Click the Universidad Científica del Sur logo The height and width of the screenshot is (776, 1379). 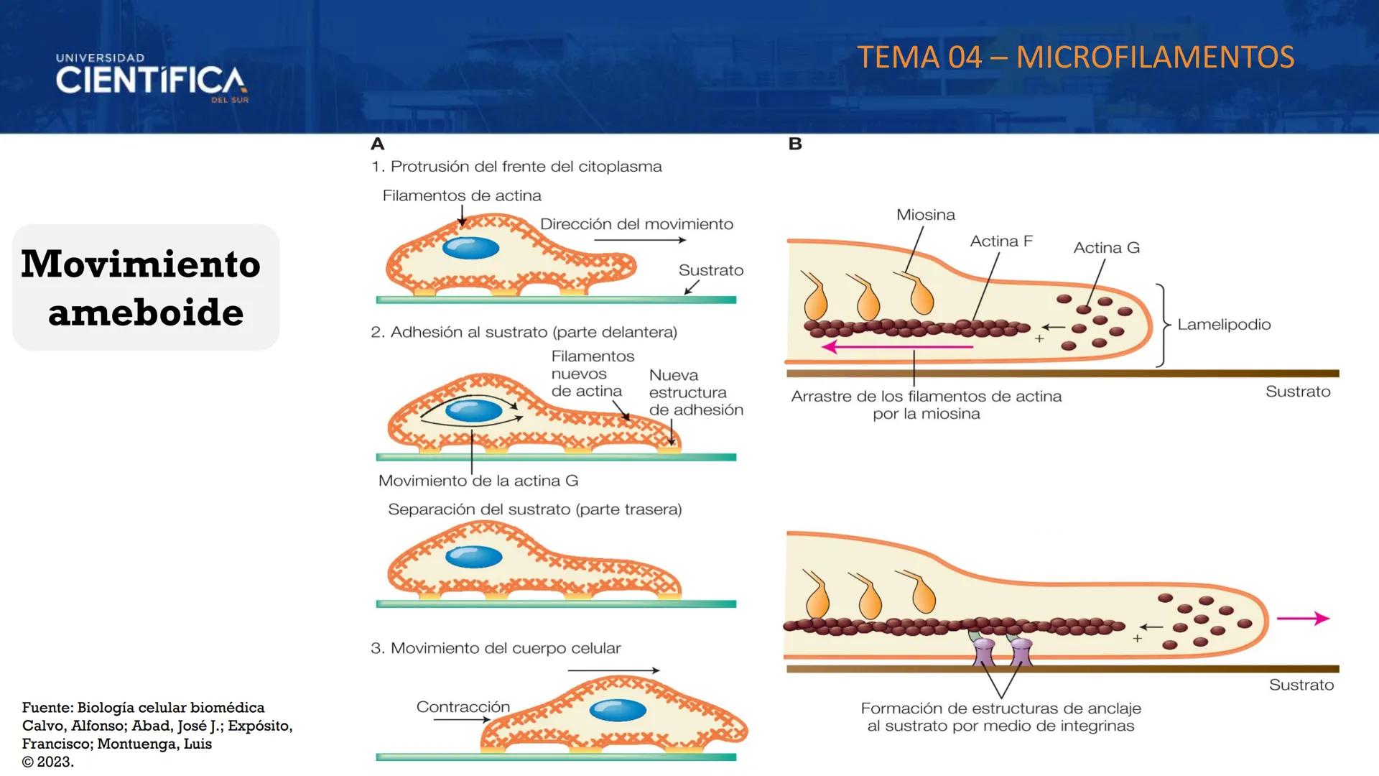click(152, 78)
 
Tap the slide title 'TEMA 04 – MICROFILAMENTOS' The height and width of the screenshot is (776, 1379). click(1075, 57)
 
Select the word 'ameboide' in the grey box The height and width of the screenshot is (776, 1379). click(146, 313)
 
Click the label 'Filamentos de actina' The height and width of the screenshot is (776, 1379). click(462, 195)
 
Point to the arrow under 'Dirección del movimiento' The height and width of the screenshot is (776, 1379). click(639, 240)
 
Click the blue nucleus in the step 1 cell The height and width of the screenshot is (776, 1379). click(470, 248)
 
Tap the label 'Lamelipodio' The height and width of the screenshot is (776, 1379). click(1224, 324)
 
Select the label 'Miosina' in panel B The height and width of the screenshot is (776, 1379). click(925, 215)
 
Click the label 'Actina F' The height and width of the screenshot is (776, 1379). click(1000, 241)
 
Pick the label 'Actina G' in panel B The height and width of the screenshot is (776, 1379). click(1106, 248)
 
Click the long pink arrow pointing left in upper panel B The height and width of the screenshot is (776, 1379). click(898, 347)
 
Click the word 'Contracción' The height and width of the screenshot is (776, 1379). click(463, 707)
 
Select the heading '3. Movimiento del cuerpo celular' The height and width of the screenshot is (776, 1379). click(496, 648)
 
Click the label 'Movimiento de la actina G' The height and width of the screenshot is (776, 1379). click(478, 481)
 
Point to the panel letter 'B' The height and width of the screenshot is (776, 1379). click(794, 144)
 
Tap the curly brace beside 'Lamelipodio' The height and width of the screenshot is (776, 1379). click(1162, 325)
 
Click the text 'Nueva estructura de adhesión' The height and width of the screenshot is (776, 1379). click(695, 392)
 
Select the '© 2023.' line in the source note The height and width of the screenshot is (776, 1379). click(48, 762)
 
